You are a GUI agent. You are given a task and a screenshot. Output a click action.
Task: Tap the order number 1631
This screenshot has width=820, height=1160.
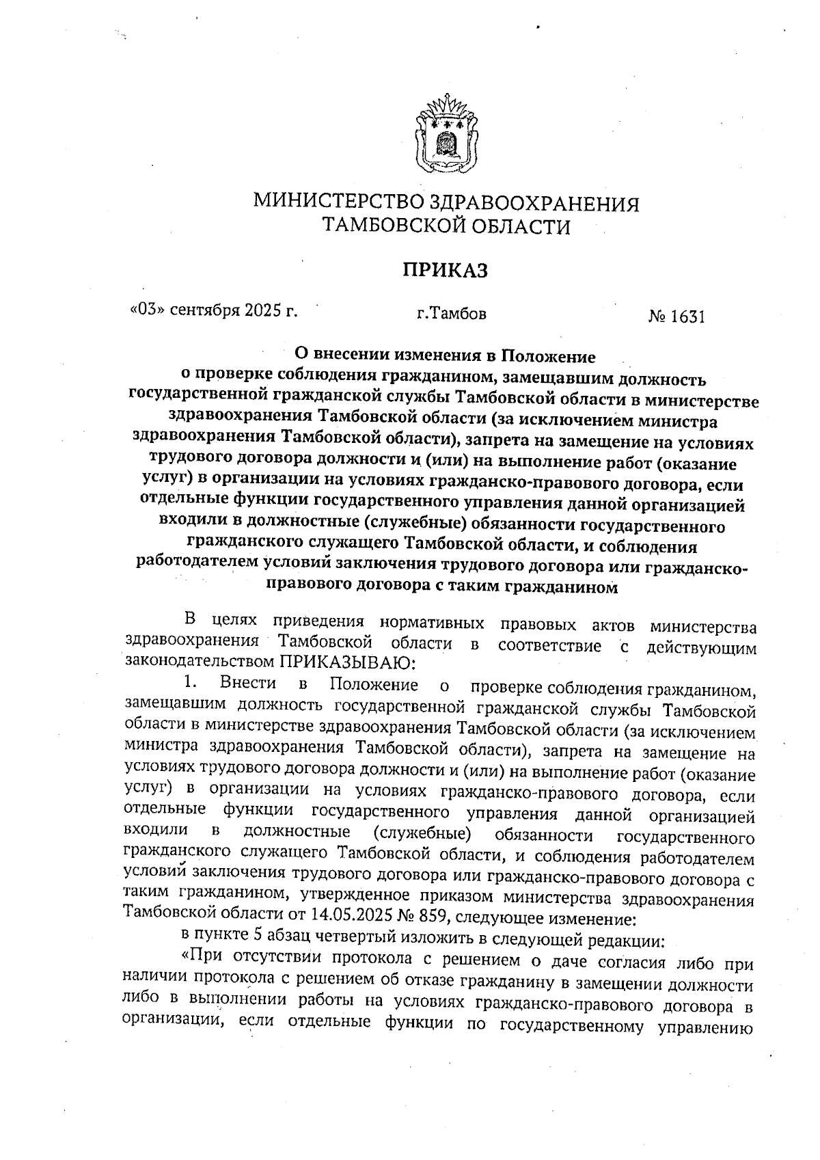688,317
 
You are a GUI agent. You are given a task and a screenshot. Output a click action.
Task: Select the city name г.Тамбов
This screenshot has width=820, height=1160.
452,315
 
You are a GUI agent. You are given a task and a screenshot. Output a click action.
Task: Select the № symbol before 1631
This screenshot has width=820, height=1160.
657,317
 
